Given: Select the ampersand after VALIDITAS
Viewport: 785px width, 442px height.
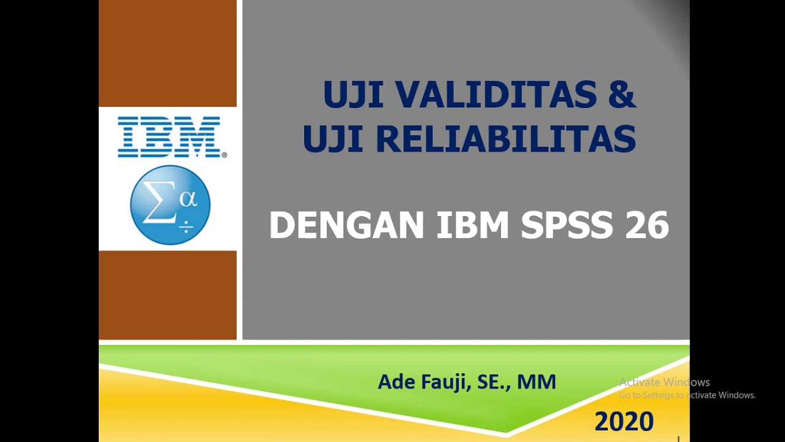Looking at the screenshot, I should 622,95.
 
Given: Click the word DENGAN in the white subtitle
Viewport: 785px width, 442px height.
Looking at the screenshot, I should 347,226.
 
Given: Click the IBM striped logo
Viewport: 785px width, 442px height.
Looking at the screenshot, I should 169,136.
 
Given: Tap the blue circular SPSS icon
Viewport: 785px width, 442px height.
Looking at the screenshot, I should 170,205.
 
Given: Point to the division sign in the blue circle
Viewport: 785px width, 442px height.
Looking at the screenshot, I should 186,228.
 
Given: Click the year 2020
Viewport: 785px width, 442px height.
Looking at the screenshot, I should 624,422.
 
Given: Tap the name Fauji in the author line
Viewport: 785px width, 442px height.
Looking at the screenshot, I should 443,382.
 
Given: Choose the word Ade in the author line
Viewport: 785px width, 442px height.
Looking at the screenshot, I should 396,382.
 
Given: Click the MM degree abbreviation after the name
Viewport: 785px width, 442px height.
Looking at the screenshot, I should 537,382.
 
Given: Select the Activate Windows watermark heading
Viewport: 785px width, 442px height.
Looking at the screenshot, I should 664,382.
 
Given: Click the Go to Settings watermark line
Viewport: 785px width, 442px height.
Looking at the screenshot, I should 687,395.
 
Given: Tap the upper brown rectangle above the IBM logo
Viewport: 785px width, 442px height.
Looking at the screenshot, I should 167,53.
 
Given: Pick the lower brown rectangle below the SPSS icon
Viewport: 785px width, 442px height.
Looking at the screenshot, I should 167,295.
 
